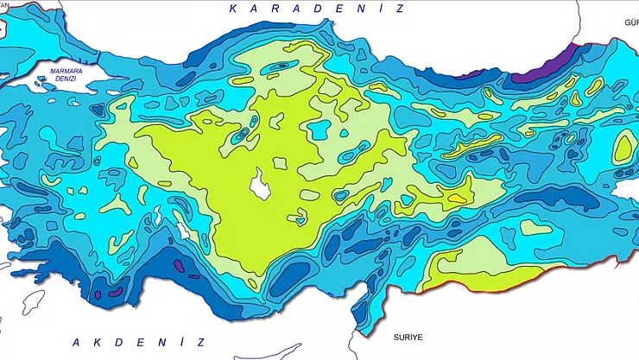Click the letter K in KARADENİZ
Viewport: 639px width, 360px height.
(233, 9)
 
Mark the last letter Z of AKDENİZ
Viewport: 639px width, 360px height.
(200, 342)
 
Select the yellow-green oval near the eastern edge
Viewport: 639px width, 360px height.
(623, 149)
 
